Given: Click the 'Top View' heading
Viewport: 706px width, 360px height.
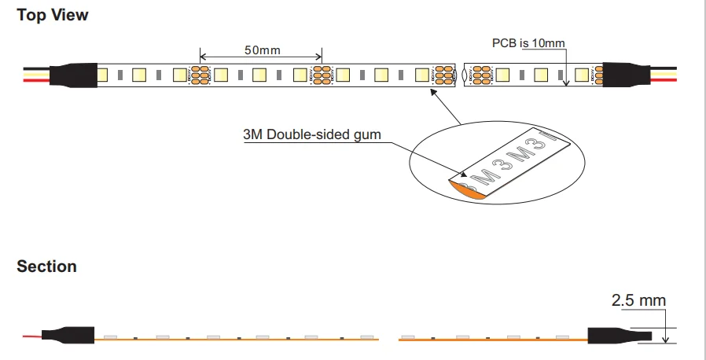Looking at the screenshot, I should tap(53, 15).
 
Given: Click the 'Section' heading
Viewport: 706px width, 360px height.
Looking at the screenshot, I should tap(46, 266).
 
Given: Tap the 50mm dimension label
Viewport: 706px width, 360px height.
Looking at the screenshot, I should tap(262, 50).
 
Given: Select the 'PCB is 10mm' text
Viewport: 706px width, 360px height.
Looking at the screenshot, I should tap(528, 43).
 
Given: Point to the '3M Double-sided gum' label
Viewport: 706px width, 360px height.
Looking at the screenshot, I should tap(312, 134).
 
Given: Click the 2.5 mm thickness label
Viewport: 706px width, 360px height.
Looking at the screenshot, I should tap(638, 300).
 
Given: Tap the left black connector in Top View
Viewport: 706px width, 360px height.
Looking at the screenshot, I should tap(74, 75).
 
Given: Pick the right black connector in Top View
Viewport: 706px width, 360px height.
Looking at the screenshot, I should tap(626, 75).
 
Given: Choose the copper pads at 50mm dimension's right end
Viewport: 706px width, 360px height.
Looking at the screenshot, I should tap(322, 75).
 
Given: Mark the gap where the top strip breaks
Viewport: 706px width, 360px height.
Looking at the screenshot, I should tap(461, 75).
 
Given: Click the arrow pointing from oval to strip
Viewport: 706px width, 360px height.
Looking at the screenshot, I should tap(444, 106).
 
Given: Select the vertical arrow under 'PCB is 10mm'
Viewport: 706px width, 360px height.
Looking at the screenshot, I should tap(566, 67).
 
